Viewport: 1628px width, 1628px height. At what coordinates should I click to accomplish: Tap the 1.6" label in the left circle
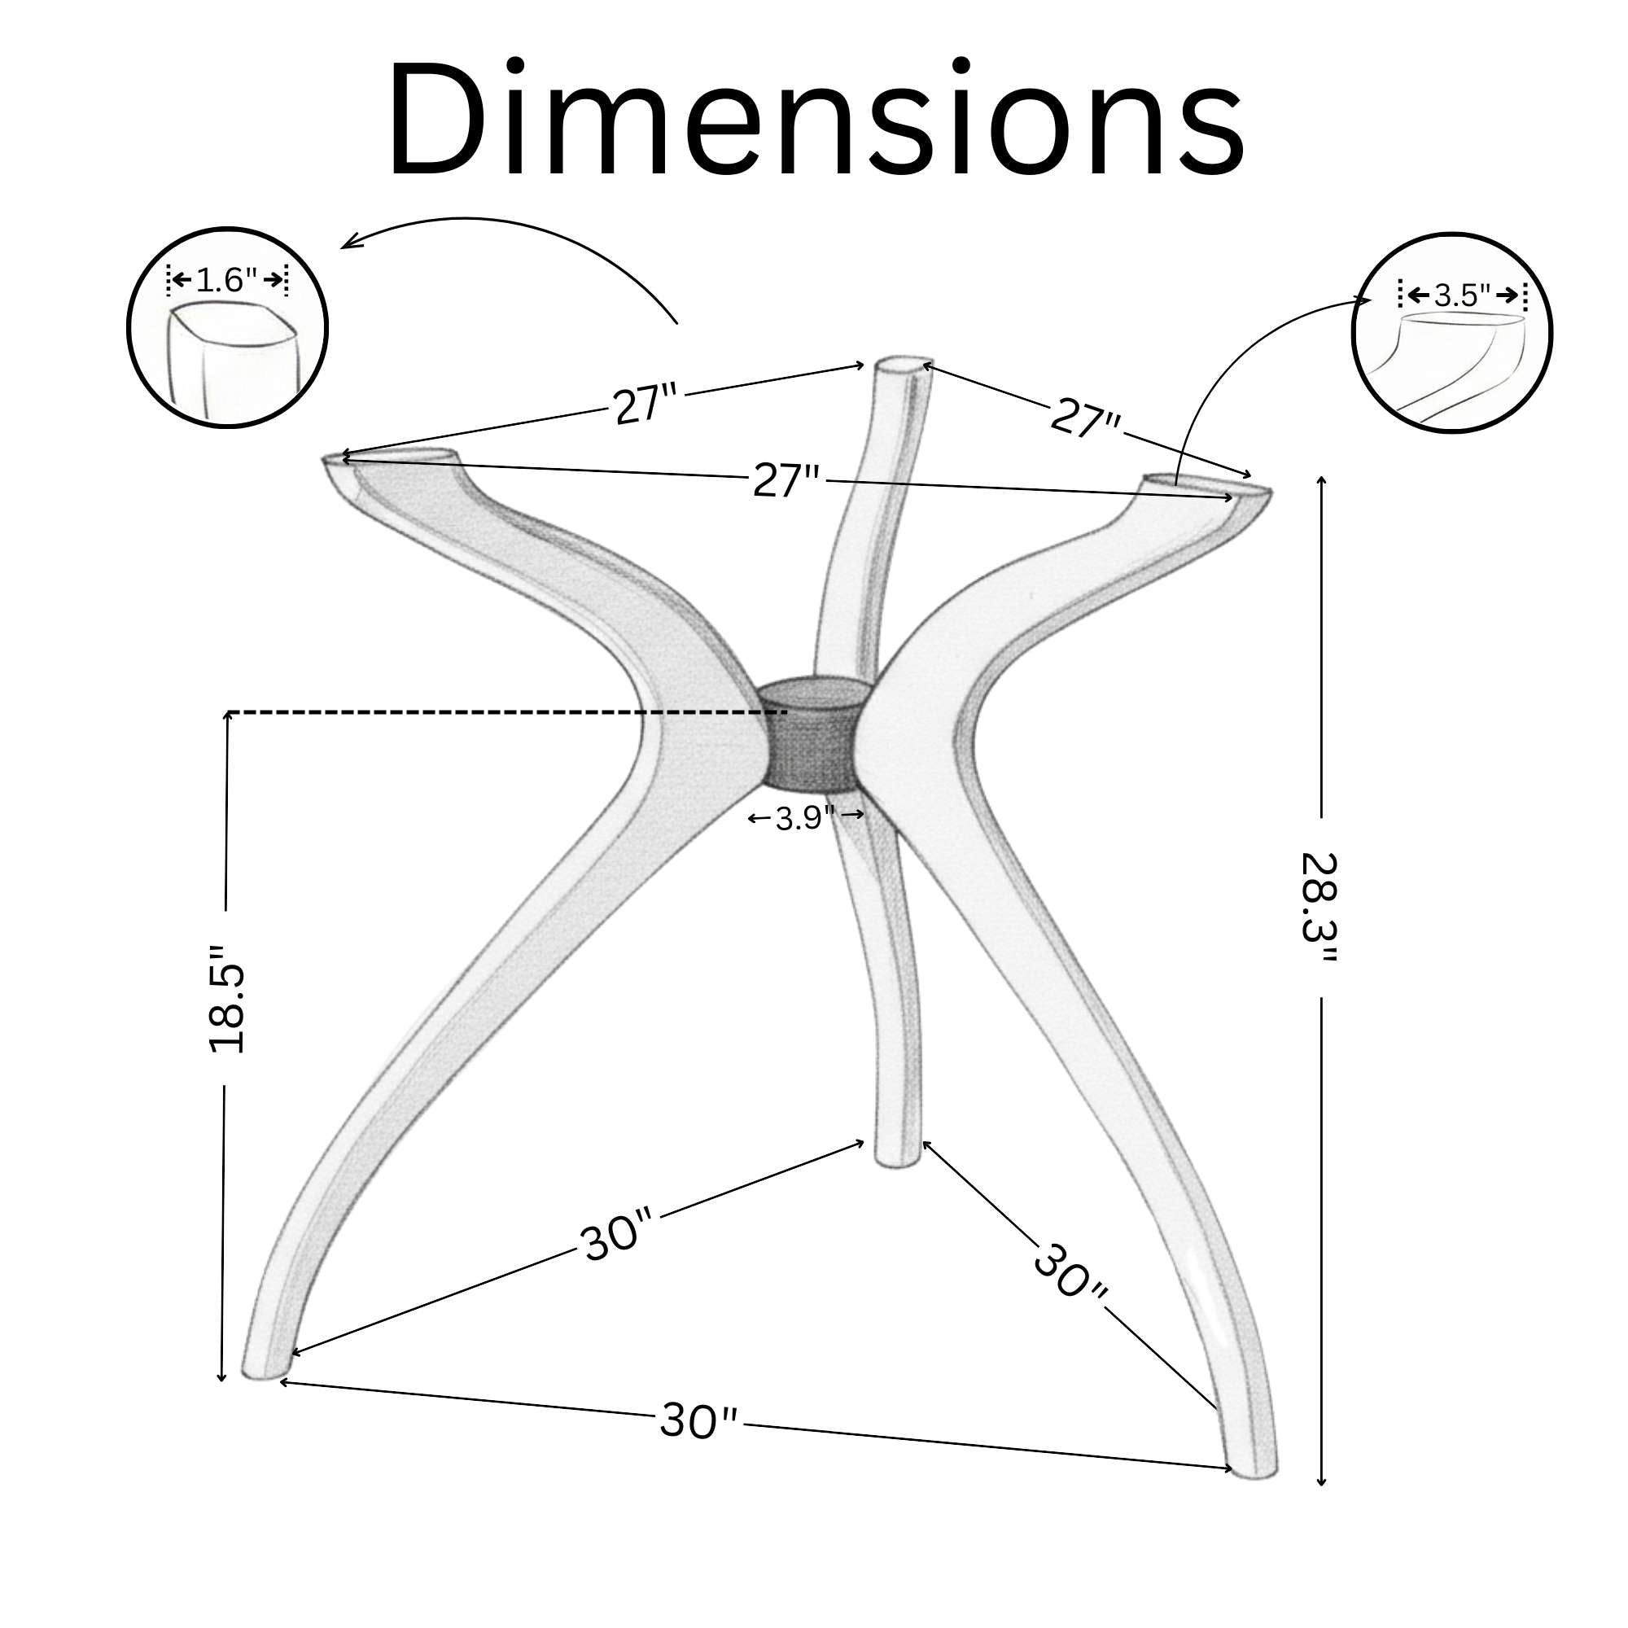pyautogui.click(x=226, y=280)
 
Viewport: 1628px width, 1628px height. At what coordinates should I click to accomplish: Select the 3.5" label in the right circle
pyautogui.click(x=1462, y=295)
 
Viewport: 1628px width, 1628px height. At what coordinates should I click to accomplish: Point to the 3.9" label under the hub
pyautogui.click(x=806, y=816)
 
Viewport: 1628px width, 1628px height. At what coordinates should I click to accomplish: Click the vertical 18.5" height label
pyautogui.click(x=225, y=1000)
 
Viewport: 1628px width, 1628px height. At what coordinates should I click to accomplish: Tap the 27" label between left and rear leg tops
pyautogui.click(x=645, y=405)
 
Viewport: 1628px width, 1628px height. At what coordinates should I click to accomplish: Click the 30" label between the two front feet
pyautogui.click(x=698, y=1420)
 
